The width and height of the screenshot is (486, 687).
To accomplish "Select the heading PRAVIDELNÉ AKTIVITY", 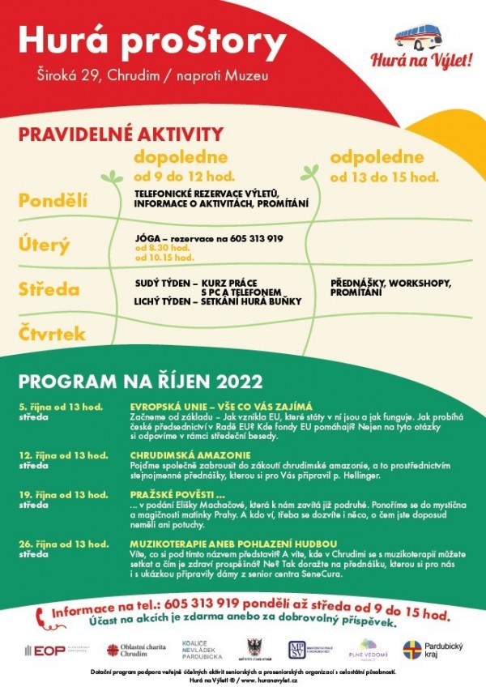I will (x=121, y=134).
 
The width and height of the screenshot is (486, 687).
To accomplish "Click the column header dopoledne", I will (x=181, y=157).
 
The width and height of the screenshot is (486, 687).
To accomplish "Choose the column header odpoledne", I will (x=377, y=157).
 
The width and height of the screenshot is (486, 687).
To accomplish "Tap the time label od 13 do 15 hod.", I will (x=385, y=176).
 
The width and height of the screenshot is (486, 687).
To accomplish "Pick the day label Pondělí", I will (x=53, y=200).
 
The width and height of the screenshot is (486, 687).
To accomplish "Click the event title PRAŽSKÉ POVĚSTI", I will (x=173, y=493).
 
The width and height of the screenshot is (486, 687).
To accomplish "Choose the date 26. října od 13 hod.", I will (x=63, y=544).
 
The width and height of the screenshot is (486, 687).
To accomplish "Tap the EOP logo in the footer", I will (x=50, y=651).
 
